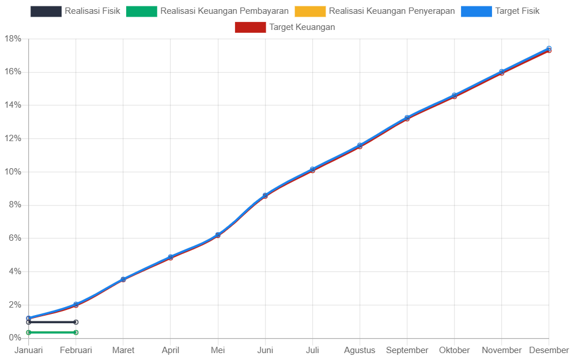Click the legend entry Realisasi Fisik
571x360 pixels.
point(75,11)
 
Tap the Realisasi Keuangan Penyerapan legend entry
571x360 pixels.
point(375,11)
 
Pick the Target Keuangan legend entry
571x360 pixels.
point(285,27)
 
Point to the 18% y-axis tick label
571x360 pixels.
point(13,39)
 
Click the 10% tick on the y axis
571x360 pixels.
point(13,172)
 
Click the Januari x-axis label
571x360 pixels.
point(29,350)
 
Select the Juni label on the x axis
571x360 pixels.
point(265,350)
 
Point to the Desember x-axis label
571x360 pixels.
point(549,350)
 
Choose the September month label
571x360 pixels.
point(407,350)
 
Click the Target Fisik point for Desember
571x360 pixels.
point(549,48)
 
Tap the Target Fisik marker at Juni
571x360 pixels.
point(265,195)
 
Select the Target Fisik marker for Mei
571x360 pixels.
point(218,235)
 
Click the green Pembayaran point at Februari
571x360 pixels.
point(76,332)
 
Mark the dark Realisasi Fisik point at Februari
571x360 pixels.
point(76,322)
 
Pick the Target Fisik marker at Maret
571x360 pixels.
point(123,279)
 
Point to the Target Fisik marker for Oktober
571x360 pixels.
point(454,95)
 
